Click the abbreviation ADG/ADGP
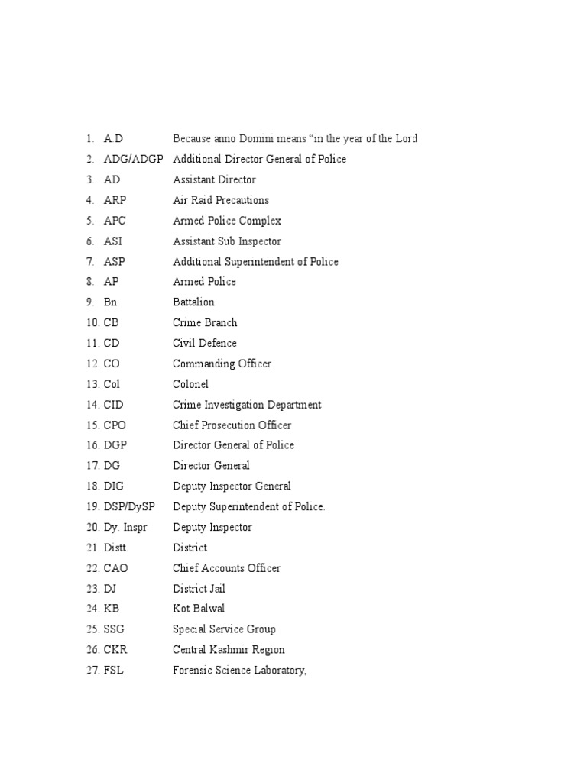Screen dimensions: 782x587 (x=133, y=160)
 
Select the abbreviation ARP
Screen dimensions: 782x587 (x=115, y=200)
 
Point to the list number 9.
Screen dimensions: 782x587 (x=89, y=302)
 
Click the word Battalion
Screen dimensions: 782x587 (x=193, y=302)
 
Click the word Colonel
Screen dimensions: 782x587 (x=190, y=384)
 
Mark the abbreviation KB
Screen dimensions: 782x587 (x=112, y=609)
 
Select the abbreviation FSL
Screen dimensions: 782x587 (x=114, y=671)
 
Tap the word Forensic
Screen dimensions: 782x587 (x=194, y=671)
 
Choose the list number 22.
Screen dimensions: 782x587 (x=92, y=568)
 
